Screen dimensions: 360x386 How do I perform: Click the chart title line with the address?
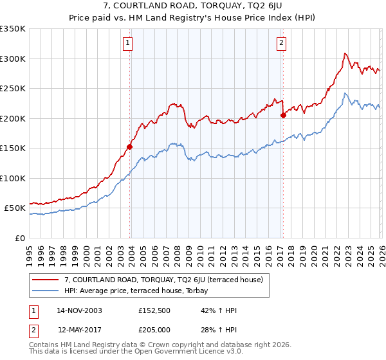(193, 6)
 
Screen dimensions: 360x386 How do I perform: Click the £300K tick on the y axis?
(13, 59)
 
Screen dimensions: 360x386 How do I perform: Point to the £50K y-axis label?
(15, 208)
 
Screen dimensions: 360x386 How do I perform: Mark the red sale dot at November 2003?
(130, 147)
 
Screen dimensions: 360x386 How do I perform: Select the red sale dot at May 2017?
(283, 116)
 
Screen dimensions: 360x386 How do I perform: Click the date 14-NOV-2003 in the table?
(79, 310)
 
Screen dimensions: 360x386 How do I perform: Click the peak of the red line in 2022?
(345, 53)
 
